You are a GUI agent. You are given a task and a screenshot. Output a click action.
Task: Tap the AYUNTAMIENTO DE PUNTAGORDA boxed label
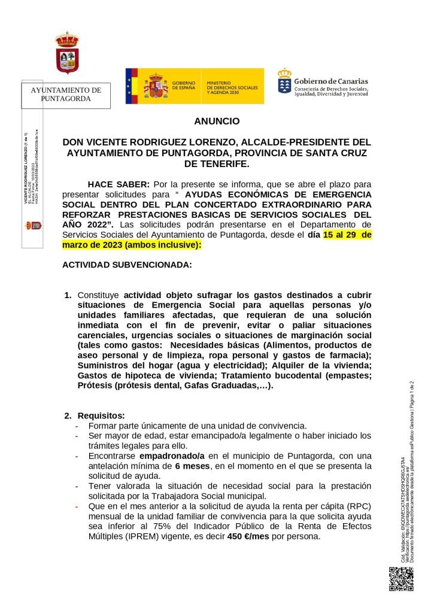pyautogui.click(x=66, y=95)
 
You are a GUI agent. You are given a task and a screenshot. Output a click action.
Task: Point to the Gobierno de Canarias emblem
pyautogui.click(x=284, y=81)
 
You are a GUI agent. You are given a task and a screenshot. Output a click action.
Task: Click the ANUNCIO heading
pyautogui.click(x=217, y=121)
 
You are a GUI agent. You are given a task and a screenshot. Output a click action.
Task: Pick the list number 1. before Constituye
pyautogui.click(x=68, y=295)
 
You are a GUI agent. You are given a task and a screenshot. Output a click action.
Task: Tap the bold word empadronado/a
pyautogui.click(x=172, y=456)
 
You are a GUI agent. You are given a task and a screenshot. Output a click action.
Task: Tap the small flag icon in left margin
pyautogui.click(x=32, y=226)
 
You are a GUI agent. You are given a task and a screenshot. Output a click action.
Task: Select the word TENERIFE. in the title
pyautogui.click(x=217, y=163)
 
